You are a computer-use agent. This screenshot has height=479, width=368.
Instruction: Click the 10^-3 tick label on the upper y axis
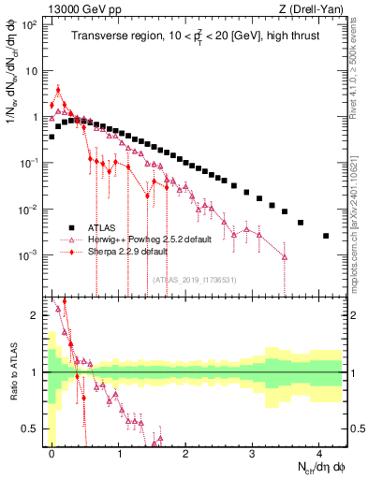[x=30, y=254]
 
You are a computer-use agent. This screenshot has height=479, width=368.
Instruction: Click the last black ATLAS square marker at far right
[x=326, y=236]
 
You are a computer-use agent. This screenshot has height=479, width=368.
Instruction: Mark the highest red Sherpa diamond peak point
[x=58, y=91]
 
